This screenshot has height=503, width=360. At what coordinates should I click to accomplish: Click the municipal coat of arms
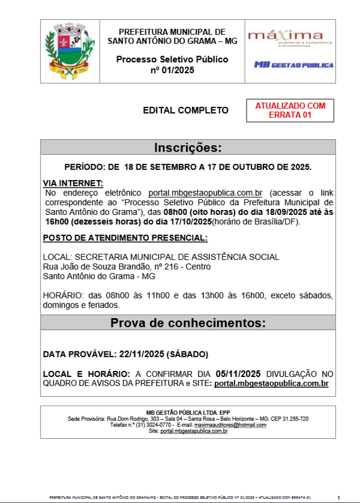[70, 51]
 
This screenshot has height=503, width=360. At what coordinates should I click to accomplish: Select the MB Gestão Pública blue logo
[294, 65]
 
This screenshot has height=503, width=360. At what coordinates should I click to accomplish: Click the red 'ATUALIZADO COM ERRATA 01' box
[290, 110]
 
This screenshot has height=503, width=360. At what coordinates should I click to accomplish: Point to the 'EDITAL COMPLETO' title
[186, 110]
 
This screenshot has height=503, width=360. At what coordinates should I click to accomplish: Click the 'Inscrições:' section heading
[188, 147]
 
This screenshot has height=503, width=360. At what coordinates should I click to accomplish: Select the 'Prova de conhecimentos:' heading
[188, 323]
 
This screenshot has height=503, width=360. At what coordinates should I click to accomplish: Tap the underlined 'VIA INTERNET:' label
[73, 183]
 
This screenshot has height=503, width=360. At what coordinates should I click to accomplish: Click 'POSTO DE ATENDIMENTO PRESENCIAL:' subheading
[125, 238]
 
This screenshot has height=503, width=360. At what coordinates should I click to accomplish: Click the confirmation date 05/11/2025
[238, 374]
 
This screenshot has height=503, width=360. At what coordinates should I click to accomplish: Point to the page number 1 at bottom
[338, 498]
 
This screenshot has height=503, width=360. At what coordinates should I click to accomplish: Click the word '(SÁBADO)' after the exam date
[187, 354]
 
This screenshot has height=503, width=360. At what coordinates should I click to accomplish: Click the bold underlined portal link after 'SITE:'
[271, 384]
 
